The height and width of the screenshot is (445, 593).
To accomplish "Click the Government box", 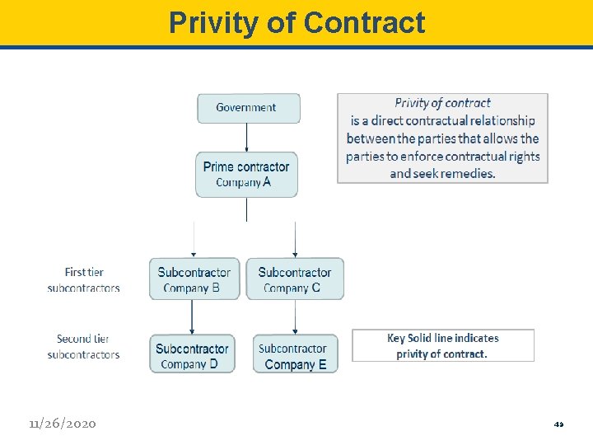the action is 248,108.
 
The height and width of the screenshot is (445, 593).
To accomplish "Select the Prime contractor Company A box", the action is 246,174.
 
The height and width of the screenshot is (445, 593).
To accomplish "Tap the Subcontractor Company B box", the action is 194,279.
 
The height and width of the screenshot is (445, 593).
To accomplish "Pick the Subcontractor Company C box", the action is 295,279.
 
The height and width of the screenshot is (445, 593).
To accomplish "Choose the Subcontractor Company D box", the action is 192,354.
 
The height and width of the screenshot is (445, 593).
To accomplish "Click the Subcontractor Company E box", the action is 295,354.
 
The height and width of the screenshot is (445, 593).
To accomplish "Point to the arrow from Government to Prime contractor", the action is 247,137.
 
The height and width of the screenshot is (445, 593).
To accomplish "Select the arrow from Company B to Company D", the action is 193,316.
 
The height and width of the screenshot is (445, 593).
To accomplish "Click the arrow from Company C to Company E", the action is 295,316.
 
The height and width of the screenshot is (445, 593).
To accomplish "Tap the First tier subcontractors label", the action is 84,280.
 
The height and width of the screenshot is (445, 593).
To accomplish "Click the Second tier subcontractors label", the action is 83,347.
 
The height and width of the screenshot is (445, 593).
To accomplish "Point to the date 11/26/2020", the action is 62,424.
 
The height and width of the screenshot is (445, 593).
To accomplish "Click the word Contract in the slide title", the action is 364,22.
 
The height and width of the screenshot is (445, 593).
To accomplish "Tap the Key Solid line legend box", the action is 443,345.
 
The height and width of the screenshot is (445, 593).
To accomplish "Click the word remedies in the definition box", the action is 467,174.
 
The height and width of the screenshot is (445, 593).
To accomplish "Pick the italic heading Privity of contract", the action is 442,103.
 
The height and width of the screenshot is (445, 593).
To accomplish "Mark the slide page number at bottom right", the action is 558,424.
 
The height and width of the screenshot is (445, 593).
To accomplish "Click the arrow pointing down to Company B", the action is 194,240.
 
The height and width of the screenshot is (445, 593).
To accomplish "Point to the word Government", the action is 246,108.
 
